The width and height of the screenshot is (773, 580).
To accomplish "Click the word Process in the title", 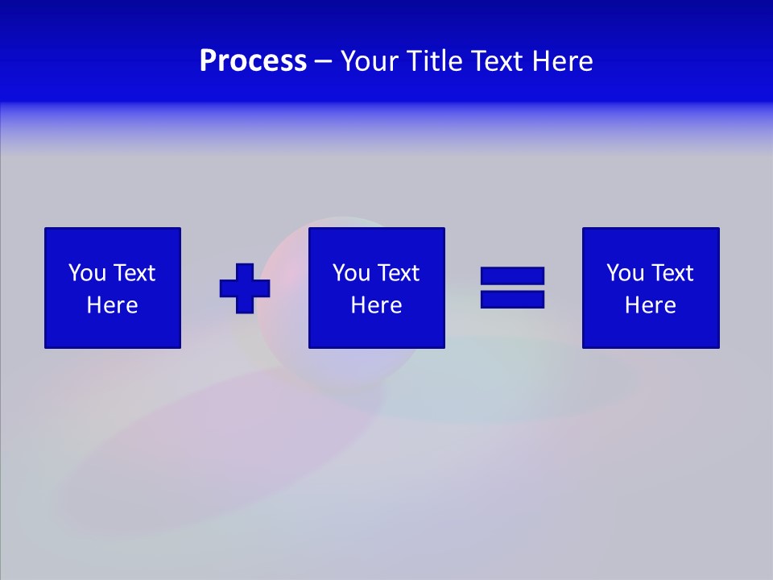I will coord(253,61).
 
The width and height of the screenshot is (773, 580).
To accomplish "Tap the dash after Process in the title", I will coord(324,61).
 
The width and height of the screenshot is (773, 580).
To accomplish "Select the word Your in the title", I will coord(370,61).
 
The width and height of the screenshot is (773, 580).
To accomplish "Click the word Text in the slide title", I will coord(498,61).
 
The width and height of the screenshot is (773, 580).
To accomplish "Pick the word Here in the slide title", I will coord(563,61).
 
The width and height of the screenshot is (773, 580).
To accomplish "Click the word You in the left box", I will coord(86,273).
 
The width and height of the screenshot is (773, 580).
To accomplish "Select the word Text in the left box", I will coord(134,273).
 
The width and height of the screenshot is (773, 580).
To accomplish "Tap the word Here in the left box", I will coord(113,305).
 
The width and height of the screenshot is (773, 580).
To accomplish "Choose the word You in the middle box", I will coord(350,273).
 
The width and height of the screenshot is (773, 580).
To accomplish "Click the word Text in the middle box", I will coord(398,273).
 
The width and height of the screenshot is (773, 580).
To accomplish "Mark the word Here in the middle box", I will coord(377,305).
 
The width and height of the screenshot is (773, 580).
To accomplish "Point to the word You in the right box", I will coord(624,273).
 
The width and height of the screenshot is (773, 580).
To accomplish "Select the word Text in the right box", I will coord(672,273).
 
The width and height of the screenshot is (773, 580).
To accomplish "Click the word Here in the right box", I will coord(651,305).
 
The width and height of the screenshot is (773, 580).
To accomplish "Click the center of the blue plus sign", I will coord(245,288).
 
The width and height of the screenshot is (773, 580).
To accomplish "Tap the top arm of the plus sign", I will coord(245,271).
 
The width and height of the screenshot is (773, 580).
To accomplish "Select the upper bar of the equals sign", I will coord(512,276).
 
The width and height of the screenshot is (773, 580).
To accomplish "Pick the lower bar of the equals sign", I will coord(512,299).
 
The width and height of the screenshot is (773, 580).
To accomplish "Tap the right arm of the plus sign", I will coord(262,288).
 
